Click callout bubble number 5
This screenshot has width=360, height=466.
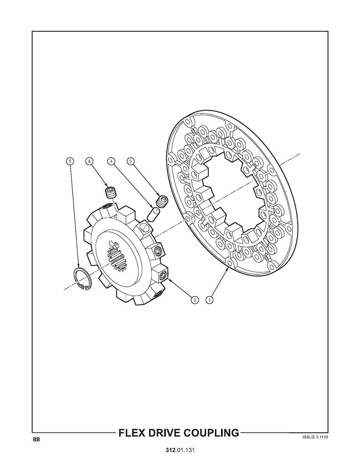pos(70,161)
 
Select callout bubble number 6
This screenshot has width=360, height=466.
pos(90,161)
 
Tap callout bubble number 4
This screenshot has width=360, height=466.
pos(111,161)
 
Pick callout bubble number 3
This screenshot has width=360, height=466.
pos(131,161)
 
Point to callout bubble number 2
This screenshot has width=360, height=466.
pos(194,300)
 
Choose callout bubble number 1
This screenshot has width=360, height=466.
pos(209,300)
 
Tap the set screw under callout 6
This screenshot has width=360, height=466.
pos(111,192)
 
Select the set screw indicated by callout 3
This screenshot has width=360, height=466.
pos(162,201)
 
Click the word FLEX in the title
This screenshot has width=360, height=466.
pos(133,433)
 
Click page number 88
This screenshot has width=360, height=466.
pos(36,440)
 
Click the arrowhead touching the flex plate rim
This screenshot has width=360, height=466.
pos(227,268)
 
